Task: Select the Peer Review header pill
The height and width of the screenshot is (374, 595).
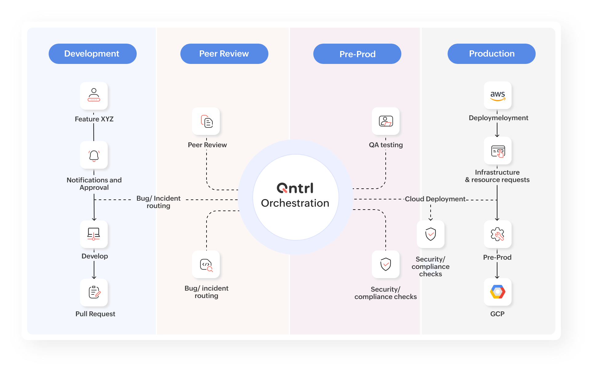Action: pyautogui.click(x=224, y=54)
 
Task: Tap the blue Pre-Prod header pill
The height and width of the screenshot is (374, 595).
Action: pyautogui.click(x=357, y=54)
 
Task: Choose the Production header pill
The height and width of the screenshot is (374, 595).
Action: pyautogui.click(x=491, y=54)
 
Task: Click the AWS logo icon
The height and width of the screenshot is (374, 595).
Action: pyautogui.click(x=497, y=95)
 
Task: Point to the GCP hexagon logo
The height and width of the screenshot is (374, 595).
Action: pyautogui.click(x=497, y=292)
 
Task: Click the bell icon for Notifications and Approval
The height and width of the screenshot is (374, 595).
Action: pyautogui.click(x=94, y=156)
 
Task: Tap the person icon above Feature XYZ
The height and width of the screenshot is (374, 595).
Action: pyautogui.click(x=94, y=95)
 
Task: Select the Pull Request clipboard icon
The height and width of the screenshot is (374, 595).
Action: pyautogui.click(x=94, y=292)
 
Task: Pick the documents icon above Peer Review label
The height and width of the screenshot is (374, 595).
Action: pyautogui.click(x=207, y=121)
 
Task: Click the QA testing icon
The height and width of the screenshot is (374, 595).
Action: pyautogui.click(x=386, y=121)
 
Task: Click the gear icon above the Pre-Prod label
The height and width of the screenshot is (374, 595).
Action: pyautogui.click(x=497, y=234)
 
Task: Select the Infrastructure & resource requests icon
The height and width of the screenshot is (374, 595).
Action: pyautogui.click(x=498, y=151)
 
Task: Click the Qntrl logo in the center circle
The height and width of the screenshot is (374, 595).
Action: pyautogui.click(x=295, y=188)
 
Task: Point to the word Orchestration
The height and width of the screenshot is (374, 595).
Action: pyautogui.click(x=295, y=203)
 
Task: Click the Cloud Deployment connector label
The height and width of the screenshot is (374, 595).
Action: pyautogui.click(x=435, y=199)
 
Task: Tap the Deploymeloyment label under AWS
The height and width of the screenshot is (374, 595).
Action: pyautogui.click(x=498, y=118)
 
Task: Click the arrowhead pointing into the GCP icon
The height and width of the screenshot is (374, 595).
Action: pyautogui.click(x=497, y=277)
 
